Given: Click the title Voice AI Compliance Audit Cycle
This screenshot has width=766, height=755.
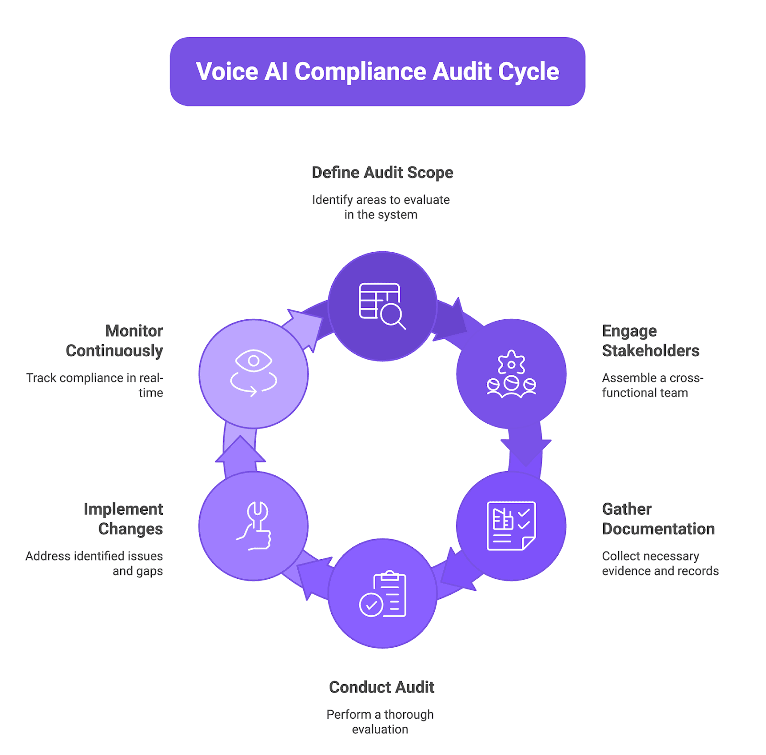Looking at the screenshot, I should click(377, 72).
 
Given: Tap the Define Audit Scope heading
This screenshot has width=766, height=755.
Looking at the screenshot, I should click(382, 172).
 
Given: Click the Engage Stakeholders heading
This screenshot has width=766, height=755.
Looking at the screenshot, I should click(650, 340).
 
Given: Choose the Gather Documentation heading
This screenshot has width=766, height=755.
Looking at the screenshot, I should click(658, 518).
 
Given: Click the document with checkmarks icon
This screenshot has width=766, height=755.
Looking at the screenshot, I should click(511, 526).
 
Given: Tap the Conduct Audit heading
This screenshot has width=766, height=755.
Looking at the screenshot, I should click(382, 687).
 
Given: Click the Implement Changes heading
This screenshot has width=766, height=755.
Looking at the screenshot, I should click(124, 518).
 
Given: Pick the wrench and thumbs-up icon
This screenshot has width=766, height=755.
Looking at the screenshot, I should click(254, 526).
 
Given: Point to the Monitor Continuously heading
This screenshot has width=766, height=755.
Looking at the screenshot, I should click(115, 340).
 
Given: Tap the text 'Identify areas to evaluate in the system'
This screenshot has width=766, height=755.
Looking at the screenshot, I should click(381, 207).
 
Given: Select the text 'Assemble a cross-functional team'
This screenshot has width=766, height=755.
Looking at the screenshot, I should click(652, 385).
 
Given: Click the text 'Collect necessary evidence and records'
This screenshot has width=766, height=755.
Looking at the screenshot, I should click(660, 563).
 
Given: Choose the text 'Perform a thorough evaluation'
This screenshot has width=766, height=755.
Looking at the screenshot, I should click(380, 721).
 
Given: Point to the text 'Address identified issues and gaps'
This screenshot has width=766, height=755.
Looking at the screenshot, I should click(95, 563).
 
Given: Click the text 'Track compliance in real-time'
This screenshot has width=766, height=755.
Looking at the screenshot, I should click(95, 385).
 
